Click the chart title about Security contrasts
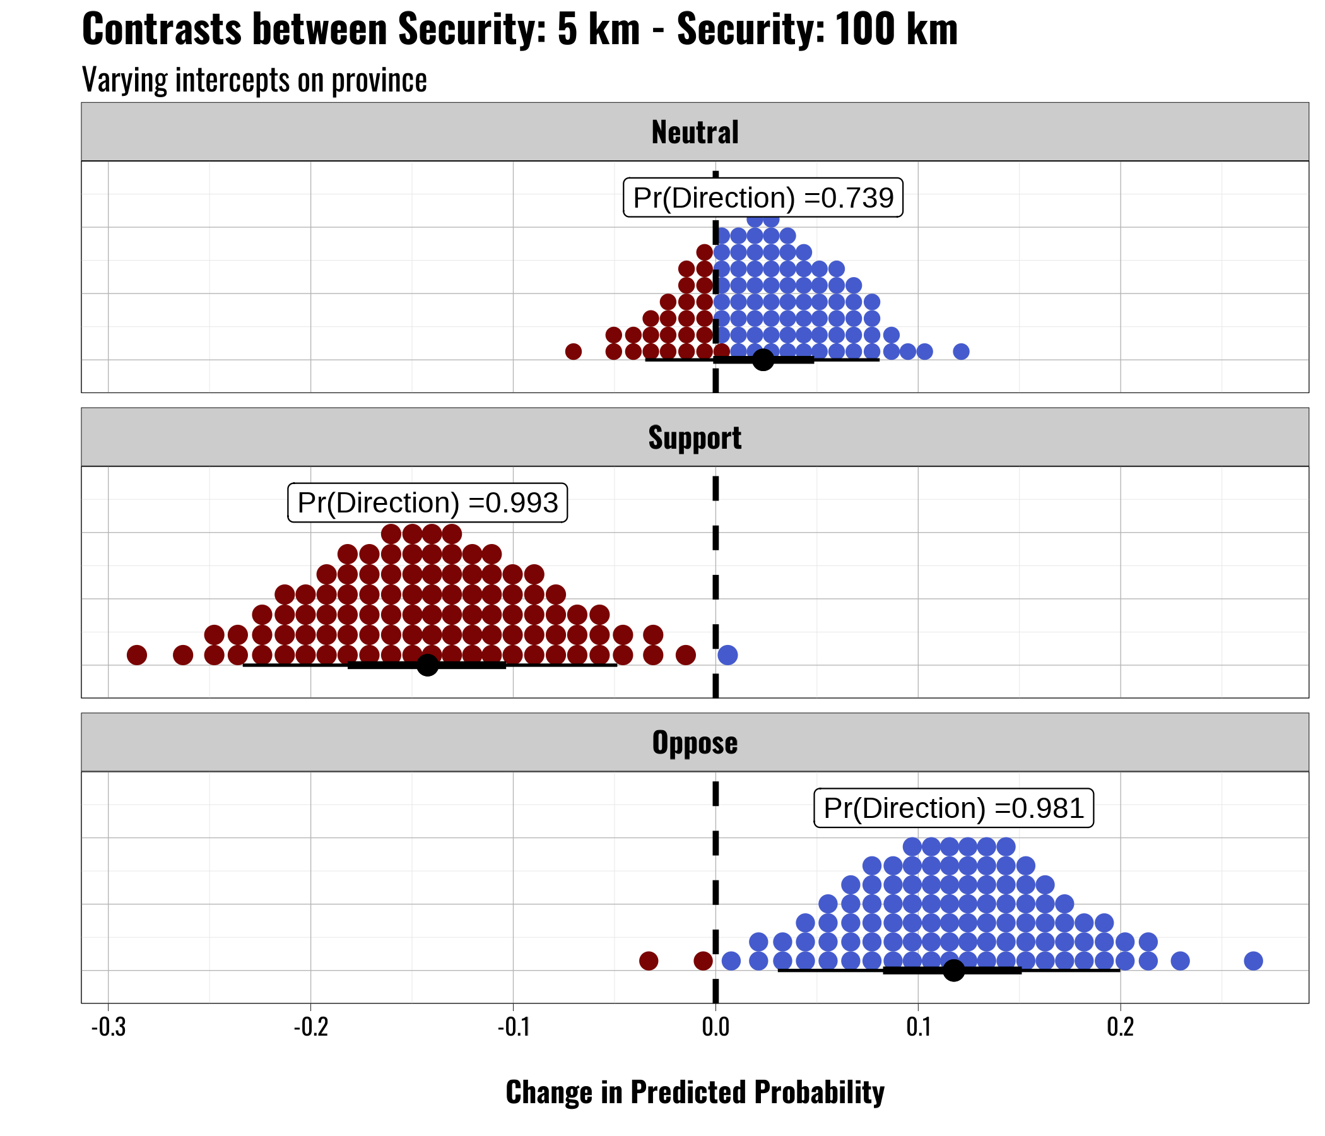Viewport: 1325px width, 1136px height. tap(519, 30)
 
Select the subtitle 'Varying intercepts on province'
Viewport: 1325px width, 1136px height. tap(254, 81)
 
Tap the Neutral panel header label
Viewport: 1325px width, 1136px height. tap(695, 133)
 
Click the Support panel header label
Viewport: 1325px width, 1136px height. tap(695, 438)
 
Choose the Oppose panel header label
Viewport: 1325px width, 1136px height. tap(695, 743)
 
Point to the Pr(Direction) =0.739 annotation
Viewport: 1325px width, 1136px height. tap(763, 198)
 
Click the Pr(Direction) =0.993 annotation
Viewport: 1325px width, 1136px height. tap(427, 504)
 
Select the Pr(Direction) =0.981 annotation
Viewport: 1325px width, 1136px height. tap(953, 808)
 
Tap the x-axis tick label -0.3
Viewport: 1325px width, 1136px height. tap(108, 1027)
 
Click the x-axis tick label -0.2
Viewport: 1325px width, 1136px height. tap(310, 1027)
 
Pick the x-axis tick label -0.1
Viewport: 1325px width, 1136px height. tap(513, 1027)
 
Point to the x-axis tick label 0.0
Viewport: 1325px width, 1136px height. tap(715, 1027)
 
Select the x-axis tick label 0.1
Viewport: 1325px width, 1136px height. tap(917, 1027)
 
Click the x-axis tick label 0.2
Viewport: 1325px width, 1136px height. tap(1120, 1027)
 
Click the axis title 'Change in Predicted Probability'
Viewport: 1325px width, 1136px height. tap(695, 1092)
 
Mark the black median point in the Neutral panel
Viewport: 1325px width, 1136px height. tap(763, 360)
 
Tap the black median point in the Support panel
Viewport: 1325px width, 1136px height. tap(427, 665)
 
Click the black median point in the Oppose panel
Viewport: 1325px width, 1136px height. tap(953, 971)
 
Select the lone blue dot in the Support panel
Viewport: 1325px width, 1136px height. tap(727, 655)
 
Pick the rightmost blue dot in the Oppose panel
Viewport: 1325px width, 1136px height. tap(1253, 961)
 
